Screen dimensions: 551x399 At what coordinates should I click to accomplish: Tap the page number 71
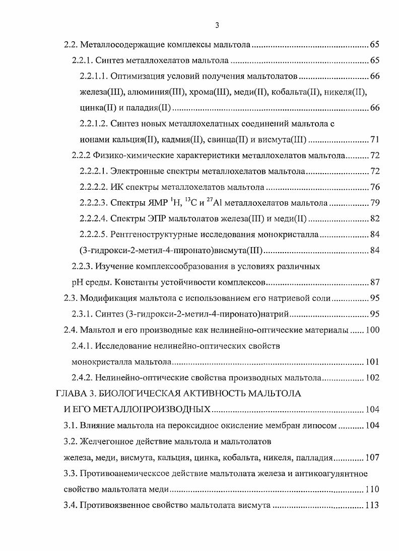tap(374, 140)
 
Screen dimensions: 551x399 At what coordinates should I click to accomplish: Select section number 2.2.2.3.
tap(93, 203)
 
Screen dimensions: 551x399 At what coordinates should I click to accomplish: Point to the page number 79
tap(374, 203)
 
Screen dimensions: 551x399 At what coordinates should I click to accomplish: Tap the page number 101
tap(372, 361)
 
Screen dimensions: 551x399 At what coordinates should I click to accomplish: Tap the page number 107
tap(372, 458)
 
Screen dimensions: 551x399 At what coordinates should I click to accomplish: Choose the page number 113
tap(372, 505)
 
